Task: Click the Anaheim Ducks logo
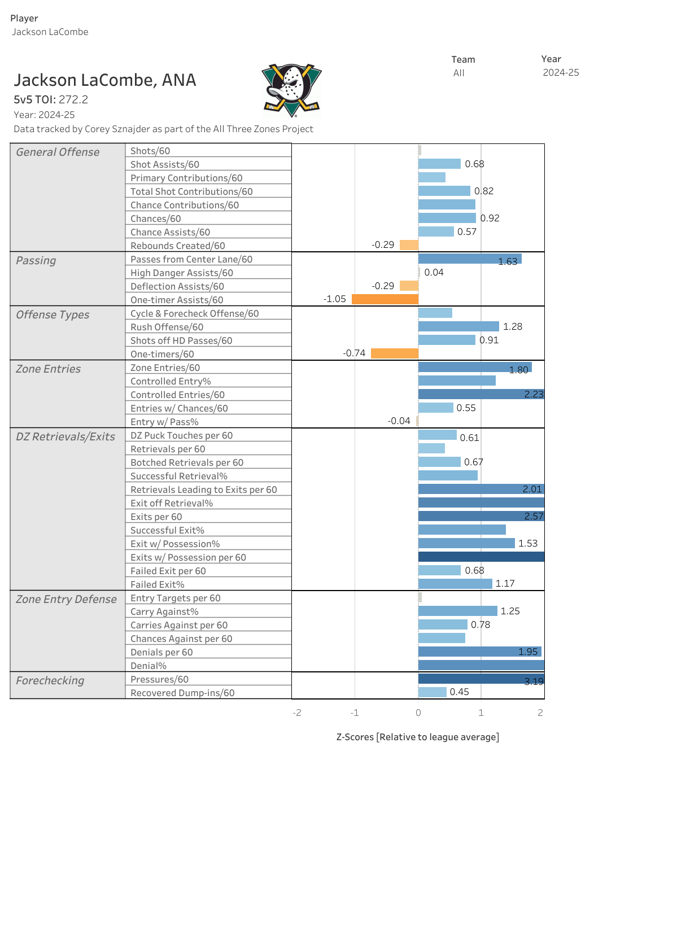[291, 90]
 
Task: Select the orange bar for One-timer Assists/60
[385, 299]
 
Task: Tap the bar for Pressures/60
[481, 679]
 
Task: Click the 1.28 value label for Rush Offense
[513, 326]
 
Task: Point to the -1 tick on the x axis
[355, 713]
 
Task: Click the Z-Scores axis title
[417, 737]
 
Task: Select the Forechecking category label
[50, 680]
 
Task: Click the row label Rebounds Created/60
[178, 246]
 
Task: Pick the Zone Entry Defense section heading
[66, 599]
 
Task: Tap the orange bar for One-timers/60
[394, 353]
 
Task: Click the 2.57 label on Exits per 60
[534, 516]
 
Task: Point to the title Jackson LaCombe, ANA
[105, 80]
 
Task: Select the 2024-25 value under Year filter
[561, 72]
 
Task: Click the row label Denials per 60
[161, 652]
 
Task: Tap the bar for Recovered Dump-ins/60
[432, 692]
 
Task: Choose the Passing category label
[36, 260]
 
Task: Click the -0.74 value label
[354, 353]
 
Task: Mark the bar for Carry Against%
[457, 611]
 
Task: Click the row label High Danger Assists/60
[182, 273]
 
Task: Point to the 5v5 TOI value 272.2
[73, 99]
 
